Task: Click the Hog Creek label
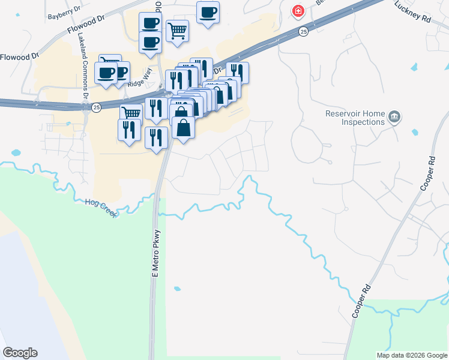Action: tap(100, 208)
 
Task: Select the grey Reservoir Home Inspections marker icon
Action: tap(394, 116)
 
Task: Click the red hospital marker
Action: tap(297, 11)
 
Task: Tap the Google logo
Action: tap(20, 353)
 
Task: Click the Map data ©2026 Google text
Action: tap(412, 355)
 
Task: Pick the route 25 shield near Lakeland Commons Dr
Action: tap(96, 107)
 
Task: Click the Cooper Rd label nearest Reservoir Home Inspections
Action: tap(426, 174)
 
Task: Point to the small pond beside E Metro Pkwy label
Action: tap(176, 289)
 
